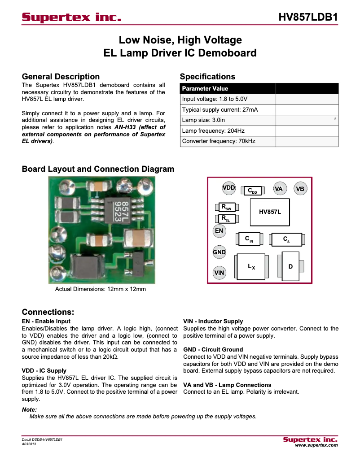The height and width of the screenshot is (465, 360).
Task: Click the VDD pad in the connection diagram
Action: pyautogui.click(x=229, y=188)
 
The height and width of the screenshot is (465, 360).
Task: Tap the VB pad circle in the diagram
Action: pyautogui.click(x=300, y=189)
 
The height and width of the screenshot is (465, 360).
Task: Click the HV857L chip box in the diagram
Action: pyautogui.click(x=270, y=212)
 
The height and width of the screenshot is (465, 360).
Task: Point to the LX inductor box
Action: pyautogui.click(x=251, y=267)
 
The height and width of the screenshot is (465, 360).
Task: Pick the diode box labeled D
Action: pyautogui.click(x=290, y=266)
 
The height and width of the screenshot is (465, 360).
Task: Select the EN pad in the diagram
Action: pyautogui.click(x=219, y=231)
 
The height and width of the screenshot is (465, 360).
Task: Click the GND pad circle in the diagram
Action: pyautogui.click(x=219, y=252)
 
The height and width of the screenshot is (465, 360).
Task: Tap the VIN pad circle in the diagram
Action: pyautogui.click(x=219, y=272)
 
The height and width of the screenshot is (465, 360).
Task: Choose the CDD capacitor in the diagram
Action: pyautogui.click(x=252, y=191)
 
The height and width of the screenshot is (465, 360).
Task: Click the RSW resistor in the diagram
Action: pyautogui.click(x=226, y=208)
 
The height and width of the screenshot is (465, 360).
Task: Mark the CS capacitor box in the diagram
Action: pyautogui.click(x=286, y=240)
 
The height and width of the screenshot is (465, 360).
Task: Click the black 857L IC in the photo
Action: pyautogui.click(x=120, y=210)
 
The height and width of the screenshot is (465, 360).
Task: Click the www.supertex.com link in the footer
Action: pyautogui.click(x=316, y=445)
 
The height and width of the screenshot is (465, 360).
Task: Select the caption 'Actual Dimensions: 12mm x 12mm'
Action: pyautogui.click(x=101, y=289)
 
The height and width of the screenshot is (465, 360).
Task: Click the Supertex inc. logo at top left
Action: pyautogui.click(x=71, y=17)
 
